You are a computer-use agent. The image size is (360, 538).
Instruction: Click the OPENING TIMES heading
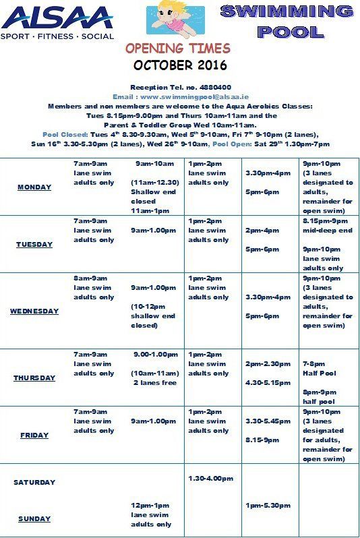pyautogui.click(x=178, y=49)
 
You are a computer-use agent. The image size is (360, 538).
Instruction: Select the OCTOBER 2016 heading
pyautogui.click(x=180, y=65)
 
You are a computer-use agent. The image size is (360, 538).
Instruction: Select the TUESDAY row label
pyautogui.click(x=34, y=245)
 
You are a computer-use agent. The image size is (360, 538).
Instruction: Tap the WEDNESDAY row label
pyautogui.click(x=34, y=311)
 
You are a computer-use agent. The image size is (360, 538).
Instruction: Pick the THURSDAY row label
pyautogui.click(x=34, y=378)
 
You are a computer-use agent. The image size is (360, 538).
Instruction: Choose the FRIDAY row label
pyautogui.click(x=34, y=436)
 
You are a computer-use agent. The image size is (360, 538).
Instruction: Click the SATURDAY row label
pyautogui.click(x=34, y=483)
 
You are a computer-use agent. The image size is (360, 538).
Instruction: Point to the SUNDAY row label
pyautogui.click(x=34, y=519)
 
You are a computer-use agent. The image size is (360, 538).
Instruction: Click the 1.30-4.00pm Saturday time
pyautogui.click(x=211, y=479)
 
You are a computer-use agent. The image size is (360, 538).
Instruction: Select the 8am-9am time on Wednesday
pyautogui.click(x=90, y=278)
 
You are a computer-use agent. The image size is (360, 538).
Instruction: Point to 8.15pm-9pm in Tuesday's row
pyautogui.click(x=325, y=220)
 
